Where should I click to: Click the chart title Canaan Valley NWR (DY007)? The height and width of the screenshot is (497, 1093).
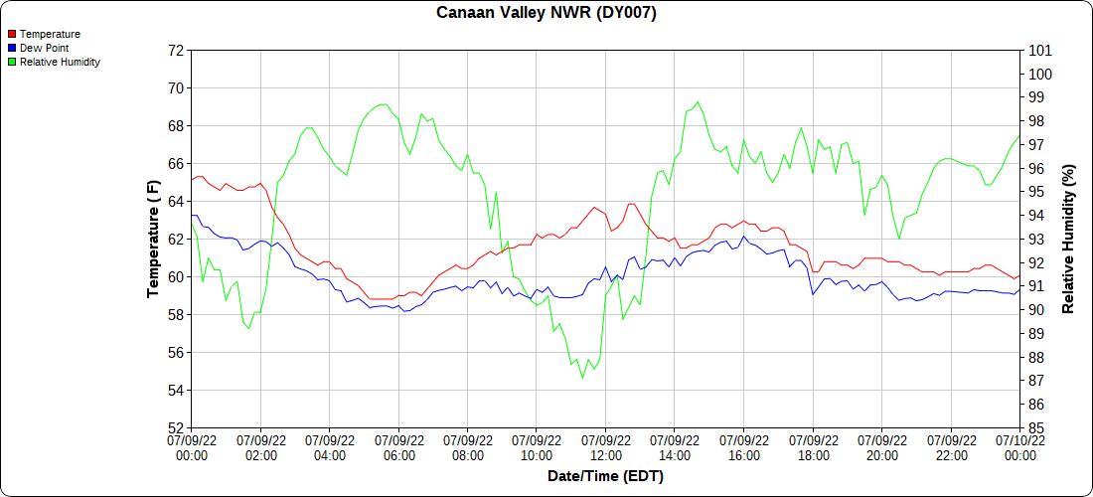(546, 13)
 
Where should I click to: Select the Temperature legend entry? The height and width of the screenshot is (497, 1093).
(50, 34)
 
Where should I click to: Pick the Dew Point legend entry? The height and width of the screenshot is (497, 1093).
(44, 48)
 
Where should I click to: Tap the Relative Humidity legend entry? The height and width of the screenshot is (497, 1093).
(60, 62)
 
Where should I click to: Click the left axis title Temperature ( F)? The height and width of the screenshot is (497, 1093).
(153, 239)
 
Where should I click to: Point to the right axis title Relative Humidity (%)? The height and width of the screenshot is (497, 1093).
(1069, 239)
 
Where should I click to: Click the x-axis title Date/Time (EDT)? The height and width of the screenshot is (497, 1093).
(605, 476)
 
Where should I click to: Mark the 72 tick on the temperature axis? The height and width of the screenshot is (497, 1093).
(176, 50)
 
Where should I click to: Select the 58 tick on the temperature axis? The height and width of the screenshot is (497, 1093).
(176, 315)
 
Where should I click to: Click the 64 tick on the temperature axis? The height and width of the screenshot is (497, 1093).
(176, 202)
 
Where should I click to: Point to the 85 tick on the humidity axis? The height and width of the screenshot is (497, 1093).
(1036, 428)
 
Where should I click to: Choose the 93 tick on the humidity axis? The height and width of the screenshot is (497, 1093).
(1036, 240)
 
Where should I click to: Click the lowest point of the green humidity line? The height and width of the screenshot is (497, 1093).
(583, 378)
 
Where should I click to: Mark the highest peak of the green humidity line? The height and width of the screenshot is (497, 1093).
(698, 101)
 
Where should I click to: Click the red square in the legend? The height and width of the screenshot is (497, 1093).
(12, 34)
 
